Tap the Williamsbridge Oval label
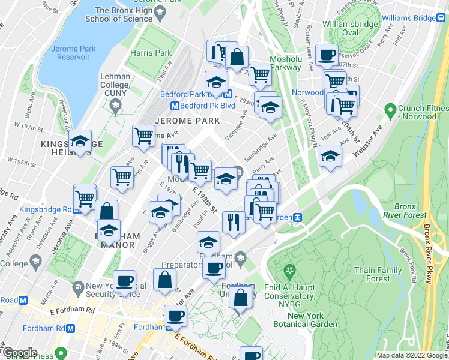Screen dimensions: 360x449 349,28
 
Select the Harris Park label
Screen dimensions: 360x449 151,53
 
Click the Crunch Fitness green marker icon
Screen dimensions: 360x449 391,110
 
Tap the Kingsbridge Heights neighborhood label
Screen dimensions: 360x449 65,148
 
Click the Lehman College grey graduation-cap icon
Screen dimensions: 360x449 115,106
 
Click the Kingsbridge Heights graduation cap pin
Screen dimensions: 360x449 79,142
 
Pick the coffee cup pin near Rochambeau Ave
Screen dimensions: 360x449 327,55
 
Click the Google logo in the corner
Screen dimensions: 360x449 19,353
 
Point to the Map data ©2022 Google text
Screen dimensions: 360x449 411,355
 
